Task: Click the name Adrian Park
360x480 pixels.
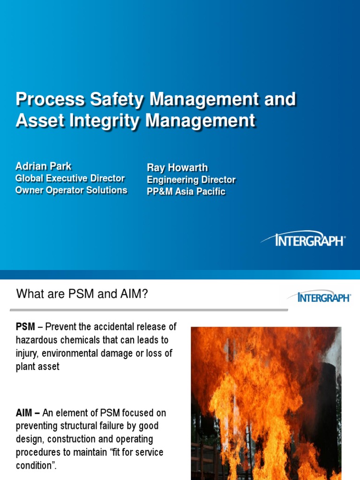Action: (x=44, y=166)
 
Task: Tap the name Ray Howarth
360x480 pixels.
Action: (x=177, y=168)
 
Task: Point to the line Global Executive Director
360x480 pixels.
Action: (x=70, y=178)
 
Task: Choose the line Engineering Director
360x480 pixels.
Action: (x=191, y=180)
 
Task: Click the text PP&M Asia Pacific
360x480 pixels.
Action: (x=186, y=191)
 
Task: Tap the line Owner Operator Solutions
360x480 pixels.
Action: (x=71, y=190)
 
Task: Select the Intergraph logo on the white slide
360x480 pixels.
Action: (x=319, y=297)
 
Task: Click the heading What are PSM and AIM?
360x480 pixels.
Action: (x=82, y=295)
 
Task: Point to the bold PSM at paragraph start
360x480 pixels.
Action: (x=25, y=327)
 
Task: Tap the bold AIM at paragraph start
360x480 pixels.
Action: (x=25, y=413)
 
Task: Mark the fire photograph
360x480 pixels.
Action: (x=266, y=403)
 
